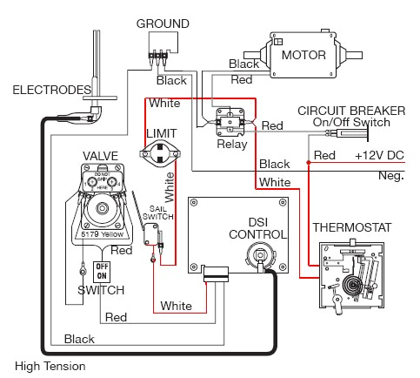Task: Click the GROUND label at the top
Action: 163,24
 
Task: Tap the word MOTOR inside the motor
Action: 303,56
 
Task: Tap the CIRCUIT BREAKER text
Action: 350,110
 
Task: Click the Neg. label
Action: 392,176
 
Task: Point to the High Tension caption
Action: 50,366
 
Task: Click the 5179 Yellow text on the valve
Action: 103,233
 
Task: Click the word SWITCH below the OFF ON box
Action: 101,289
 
